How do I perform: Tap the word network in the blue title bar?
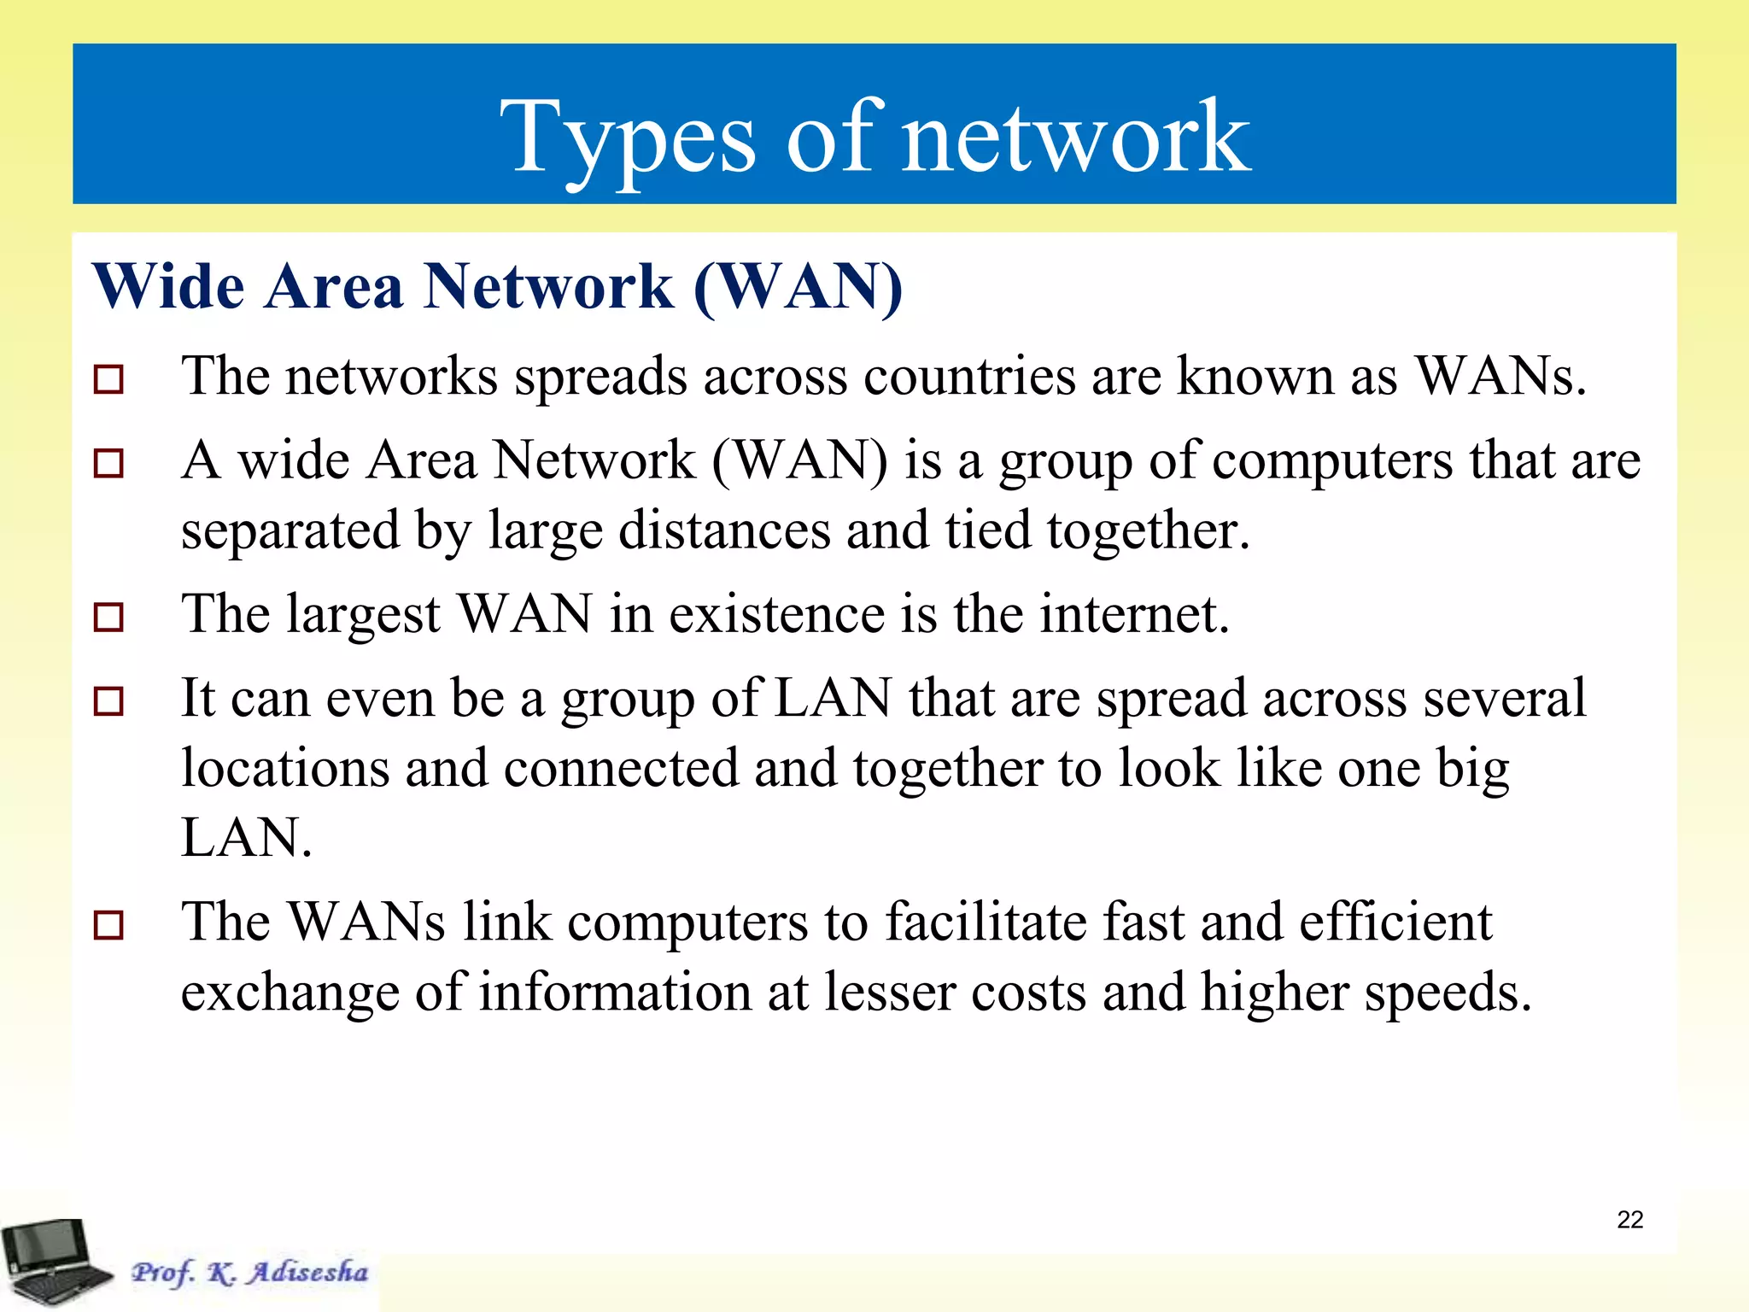pos(1076,137)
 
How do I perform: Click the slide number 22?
pos(1629,1220)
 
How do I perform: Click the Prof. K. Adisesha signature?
pos(249,1272)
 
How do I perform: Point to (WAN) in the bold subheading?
pos(798,287)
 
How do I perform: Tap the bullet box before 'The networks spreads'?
pos(108,378)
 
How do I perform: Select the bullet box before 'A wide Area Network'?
pos(108,463)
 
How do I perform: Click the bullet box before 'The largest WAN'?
pos(108,617)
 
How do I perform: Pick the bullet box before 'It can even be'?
pos(108,701)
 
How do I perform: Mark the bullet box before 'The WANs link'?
pos(108,924)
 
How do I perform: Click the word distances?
pos(724,530)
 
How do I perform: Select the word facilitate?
pos(986,922)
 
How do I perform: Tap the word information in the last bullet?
pos(615,992)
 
